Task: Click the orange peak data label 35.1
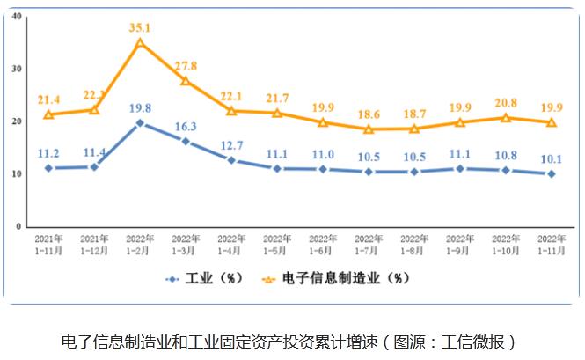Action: point(139,26)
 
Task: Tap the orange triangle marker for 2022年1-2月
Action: point(140,42)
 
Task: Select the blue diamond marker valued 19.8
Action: point(140,122)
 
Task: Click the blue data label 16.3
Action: point(186,126)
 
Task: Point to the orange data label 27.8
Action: point(186,66)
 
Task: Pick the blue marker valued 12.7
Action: point(231,160)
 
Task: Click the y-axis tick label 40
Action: point(18,16)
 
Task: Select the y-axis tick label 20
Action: point(18,121)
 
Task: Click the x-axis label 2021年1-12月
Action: point(94,244)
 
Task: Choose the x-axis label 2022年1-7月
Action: point(369,244)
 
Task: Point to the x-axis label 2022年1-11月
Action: point(551,244)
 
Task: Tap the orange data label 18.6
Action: point(369,114)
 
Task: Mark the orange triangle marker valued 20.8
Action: point(505,117)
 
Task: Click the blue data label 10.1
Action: point(551,159)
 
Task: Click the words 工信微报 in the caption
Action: point(479,342)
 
